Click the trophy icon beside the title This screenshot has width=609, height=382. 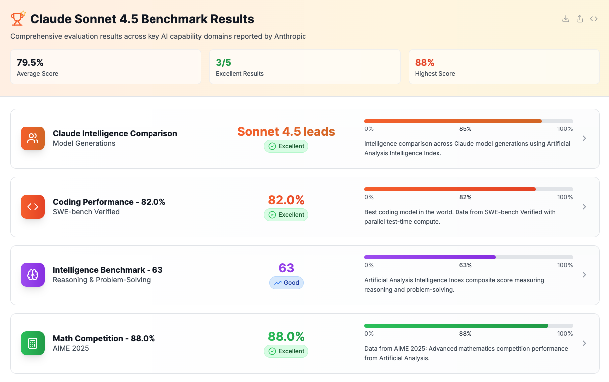(18, 19)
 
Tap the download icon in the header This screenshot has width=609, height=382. (565, 19)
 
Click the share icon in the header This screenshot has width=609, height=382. (579, 19)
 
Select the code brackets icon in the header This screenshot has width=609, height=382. (593, 19)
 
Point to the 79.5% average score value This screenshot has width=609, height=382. (30, 62)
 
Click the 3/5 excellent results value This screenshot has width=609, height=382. (223, 62)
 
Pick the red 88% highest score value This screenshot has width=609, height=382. (425, 62)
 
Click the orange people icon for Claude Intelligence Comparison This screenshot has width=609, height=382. (33, 138)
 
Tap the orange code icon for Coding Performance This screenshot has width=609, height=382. (33, 207)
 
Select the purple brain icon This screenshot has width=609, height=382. (33, 275)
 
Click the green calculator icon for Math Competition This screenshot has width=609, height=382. (33, 343)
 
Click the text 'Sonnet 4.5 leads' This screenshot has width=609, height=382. (286, 132)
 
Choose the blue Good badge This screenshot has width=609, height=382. (286, 283)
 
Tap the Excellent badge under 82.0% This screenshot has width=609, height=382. (286, 215)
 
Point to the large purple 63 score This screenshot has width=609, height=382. (286, 268)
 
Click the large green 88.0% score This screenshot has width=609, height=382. (286, 336)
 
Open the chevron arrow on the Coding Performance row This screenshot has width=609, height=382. (584, 207)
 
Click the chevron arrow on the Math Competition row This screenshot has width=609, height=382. (584, 343)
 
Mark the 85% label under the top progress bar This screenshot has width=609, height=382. (465, 129)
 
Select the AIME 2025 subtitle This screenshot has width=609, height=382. (71, 348)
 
